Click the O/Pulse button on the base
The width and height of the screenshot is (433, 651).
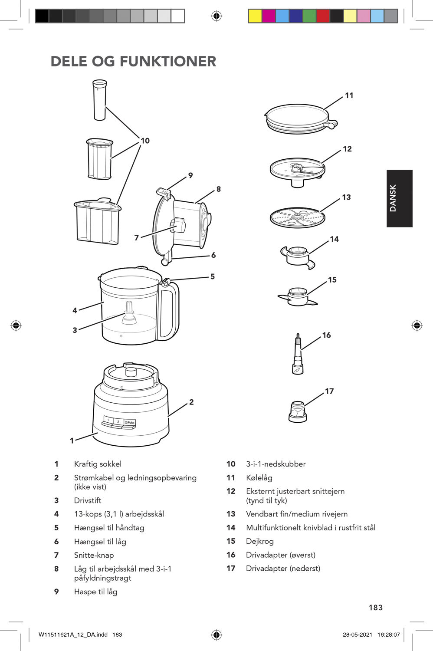[129, 422]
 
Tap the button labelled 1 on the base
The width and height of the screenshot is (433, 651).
[108, 420]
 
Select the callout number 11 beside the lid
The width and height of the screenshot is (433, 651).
[349, 95]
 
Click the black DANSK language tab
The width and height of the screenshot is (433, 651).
[399, 198]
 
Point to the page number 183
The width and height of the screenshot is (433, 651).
[375, 608]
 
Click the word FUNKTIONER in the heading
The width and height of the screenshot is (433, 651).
[168, 61]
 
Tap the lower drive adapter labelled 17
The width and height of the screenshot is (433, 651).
[298, 411]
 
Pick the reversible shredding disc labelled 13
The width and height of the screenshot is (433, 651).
[297, 217]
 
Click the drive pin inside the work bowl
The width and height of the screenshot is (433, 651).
[129, 313]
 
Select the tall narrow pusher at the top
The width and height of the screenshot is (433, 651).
[99, 100]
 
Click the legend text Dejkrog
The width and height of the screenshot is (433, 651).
[259, 541]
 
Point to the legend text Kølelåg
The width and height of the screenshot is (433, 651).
[259, 477]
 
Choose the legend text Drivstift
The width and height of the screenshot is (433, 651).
[88, 500]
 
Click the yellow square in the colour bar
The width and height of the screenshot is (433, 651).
[255, 16]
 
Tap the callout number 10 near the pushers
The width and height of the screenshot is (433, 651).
[145, 141]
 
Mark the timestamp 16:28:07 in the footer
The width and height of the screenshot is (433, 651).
[388, 635]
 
